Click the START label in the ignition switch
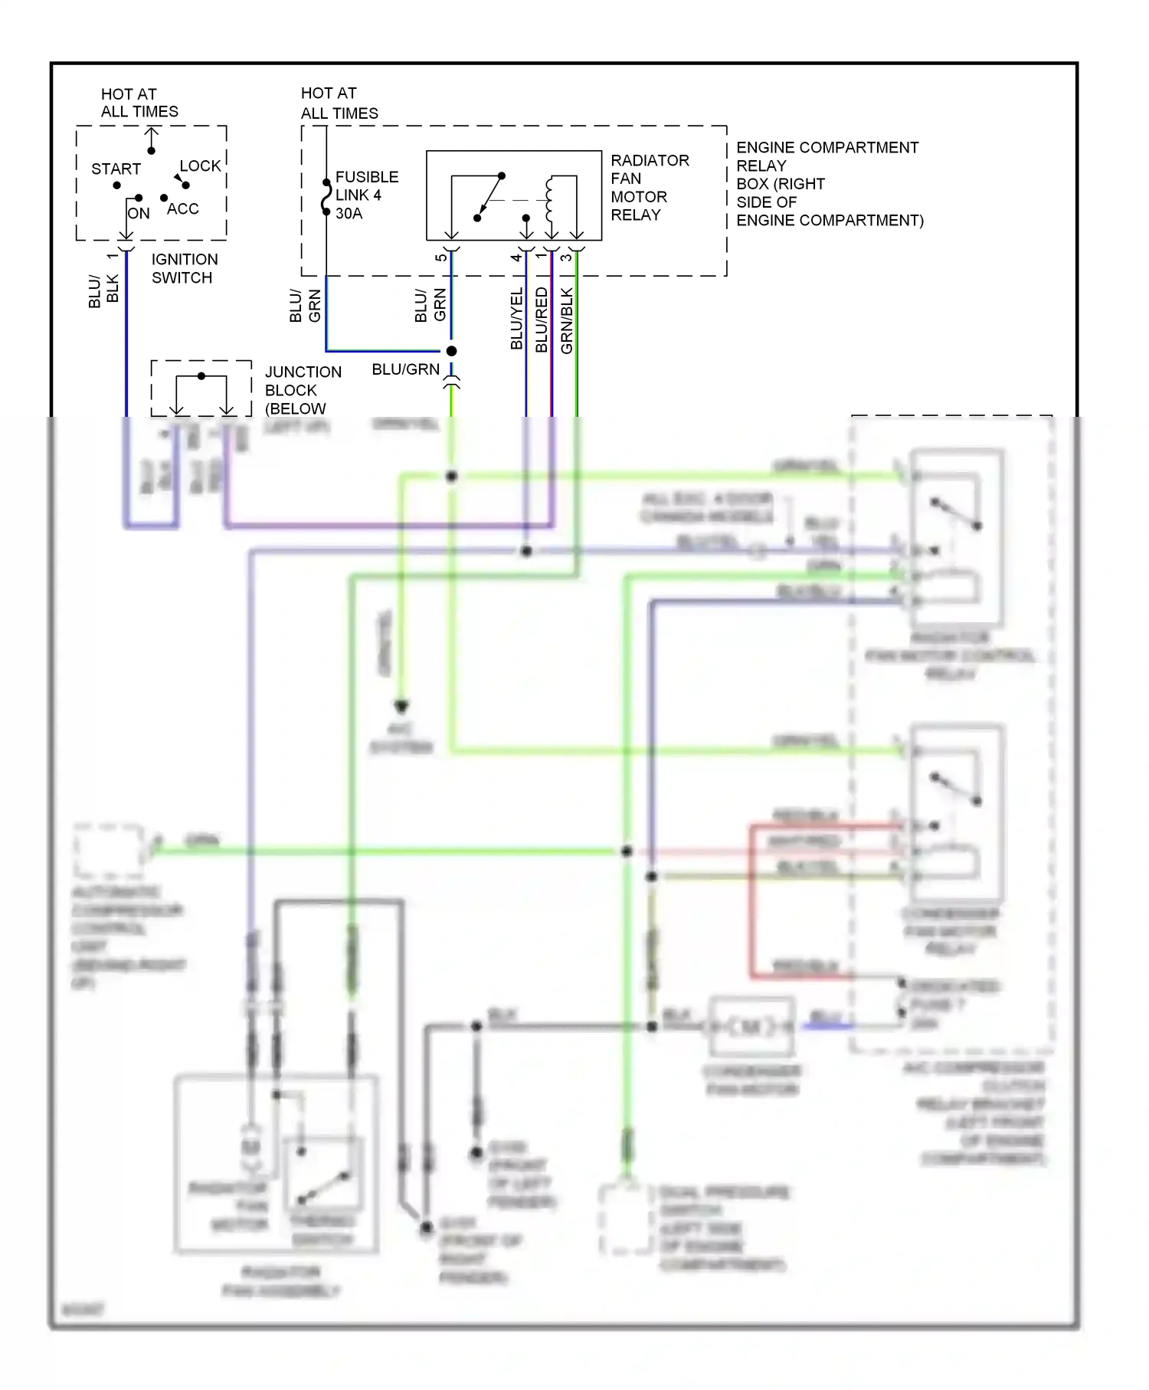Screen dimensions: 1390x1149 (116, 169)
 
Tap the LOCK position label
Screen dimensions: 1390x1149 (200, 166)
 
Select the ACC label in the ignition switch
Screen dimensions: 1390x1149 (183, 208)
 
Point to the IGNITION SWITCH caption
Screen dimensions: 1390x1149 (184, 268)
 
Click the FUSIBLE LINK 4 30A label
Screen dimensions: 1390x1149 (366, 195)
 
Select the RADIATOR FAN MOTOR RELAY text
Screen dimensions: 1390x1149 (649, 187)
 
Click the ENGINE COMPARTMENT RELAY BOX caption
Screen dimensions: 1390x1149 (829, 183)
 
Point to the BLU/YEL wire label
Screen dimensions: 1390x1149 (517, 319)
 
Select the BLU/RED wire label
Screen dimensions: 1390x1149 (542, 320)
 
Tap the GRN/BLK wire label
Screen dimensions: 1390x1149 (567, 320)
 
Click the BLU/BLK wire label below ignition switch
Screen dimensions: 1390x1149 (103, 290)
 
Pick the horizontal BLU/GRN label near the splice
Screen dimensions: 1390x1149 (405, 369)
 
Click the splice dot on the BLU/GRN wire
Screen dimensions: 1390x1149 (451, 351)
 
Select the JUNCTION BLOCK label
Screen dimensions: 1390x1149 (302, 390)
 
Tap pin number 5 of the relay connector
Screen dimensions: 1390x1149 (440, 257)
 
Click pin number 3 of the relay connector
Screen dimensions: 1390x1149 (566, 257)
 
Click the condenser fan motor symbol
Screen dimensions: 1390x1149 (751, 1026)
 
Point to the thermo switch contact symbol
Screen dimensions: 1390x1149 (323, 1187)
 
